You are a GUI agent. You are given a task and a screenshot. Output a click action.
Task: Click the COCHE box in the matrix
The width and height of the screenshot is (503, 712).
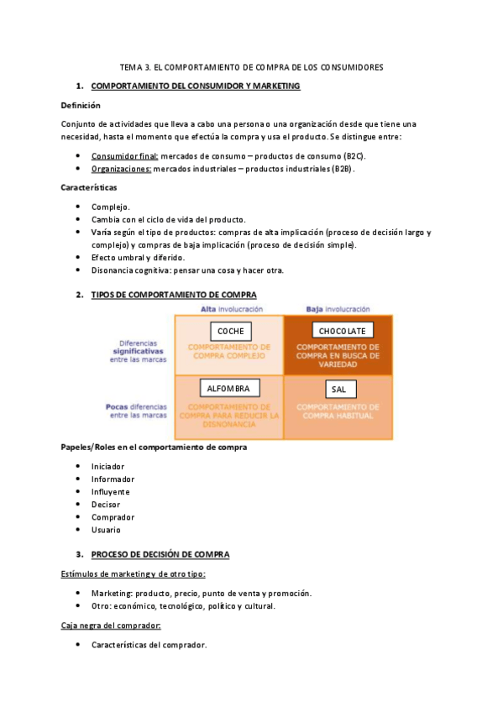230,331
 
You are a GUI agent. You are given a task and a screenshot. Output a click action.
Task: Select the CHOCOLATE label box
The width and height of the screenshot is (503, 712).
342,331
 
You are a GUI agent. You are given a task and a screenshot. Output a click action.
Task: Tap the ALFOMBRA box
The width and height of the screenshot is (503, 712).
229,388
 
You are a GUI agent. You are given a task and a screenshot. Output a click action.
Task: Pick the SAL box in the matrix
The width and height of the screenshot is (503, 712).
338,389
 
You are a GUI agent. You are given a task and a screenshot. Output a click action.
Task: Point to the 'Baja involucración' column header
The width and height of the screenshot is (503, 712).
338,309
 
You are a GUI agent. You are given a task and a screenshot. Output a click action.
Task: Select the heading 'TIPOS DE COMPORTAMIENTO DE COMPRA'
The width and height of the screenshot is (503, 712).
174,295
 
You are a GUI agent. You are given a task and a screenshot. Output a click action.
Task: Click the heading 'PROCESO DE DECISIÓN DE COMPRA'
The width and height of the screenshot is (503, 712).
160,555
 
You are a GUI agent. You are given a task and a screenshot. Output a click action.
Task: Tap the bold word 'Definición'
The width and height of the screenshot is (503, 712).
81,106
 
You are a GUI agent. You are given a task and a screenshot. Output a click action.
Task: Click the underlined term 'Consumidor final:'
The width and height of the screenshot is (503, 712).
125,156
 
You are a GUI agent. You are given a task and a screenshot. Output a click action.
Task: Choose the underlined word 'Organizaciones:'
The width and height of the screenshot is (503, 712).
122,169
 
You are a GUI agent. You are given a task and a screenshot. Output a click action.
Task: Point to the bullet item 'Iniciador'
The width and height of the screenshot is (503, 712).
108,466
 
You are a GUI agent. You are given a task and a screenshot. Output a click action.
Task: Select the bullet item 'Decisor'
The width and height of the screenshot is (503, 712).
106,505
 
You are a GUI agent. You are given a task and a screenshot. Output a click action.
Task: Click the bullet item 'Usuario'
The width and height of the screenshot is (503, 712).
106,530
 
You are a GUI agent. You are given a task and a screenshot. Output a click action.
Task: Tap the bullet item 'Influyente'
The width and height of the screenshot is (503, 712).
111,492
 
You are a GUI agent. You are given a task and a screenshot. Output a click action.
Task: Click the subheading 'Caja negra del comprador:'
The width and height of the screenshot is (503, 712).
111,626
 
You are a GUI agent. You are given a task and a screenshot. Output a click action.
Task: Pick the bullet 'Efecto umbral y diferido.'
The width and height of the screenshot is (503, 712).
138,258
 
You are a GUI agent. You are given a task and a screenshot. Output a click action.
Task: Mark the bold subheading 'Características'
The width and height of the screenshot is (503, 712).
89,187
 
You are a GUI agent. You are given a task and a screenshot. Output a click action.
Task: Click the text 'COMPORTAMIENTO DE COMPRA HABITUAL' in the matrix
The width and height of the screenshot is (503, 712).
338,411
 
